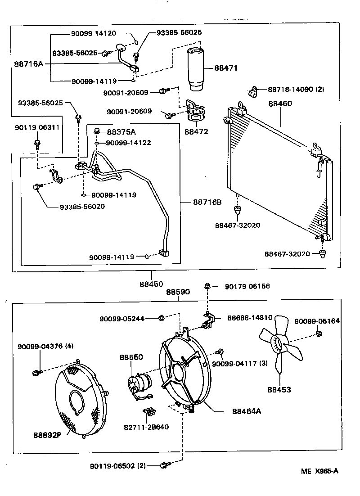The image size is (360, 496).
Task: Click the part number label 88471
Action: click(x=225, y=68)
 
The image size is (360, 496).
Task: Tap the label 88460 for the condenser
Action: click(x=280, y=104)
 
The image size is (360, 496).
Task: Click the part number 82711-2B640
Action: click(x=148, y=427)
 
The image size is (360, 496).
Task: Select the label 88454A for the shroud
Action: click(x=247, y=410)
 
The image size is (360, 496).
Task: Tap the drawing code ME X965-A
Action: click(x=319, y=471)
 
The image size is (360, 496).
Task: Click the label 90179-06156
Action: click(x=247, y=286)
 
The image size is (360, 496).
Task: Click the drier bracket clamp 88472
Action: click(x=197, y=113)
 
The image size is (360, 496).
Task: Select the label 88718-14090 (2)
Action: click(x=296, y=90)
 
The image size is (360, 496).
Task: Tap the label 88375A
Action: click(x=121, y=131)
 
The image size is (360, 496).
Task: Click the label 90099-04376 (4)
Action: click(x=45, y=346)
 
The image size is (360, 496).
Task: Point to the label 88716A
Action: click(x=28, y=64)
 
